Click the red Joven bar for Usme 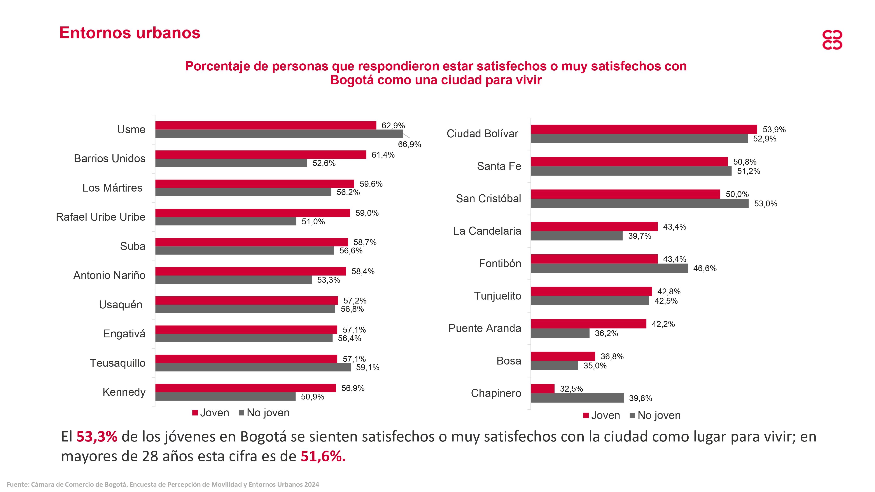click(266, 125)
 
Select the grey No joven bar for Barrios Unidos click(231, 163)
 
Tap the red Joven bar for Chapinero click(542, 388)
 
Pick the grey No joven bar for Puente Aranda click(560, 333)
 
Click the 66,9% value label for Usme click(409, 144)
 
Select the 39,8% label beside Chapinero click(640, 398)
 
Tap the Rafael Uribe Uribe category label click(101, 217)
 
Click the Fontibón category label click(500, 263)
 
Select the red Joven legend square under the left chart click(195, 413)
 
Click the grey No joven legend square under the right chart click(632, 415)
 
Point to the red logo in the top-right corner click(832, 40)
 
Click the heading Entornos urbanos click(130, 33)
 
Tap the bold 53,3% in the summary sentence click(97, 437)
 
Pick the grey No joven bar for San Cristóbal click(640, 203)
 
